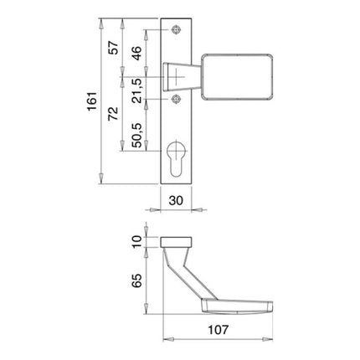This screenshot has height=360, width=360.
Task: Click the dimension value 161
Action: tap(94, 100)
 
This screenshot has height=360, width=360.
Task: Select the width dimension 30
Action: tap(177, 201)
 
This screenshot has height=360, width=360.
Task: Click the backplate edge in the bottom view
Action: tap(177, 242)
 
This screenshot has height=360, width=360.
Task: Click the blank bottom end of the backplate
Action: tap(177, 178)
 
